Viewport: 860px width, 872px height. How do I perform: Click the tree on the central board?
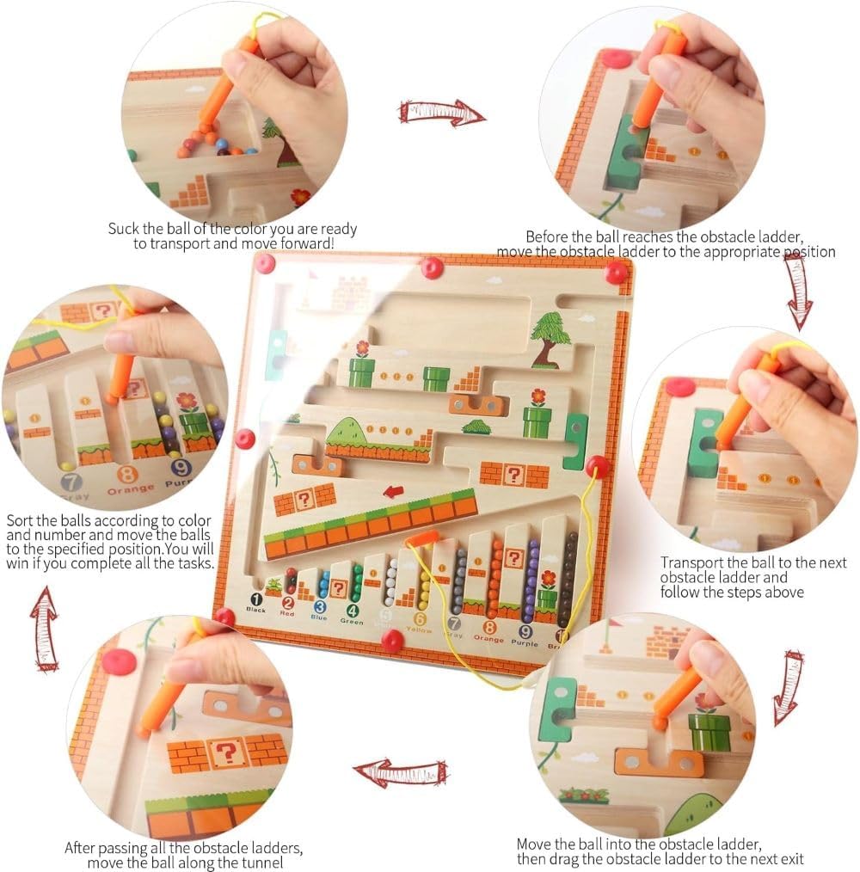coord(548,336)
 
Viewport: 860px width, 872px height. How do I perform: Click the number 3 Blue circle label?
coord(319,605)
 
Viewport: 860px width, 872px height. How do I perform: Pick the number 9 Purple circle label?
coord(525,629)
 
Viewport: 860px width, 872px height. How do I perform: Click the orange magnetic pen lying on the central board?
coord(421,539)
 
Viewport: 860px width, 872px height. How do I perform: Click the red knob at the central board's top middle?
coord(432,267)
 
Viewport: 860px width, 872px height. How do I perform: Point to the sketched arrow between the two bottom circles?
coord(401,771)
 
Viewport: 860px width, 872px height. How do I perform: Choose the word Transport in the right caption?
coord(692,562)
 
